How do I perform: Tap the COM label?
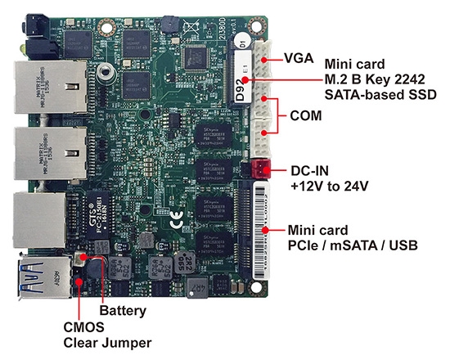pyautogui.click(x=305, y=116)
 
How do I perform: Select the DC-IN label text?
pyautogui.click(x=313, y=172)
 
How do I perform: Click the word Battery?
pyautogui.click(x=122, y=311)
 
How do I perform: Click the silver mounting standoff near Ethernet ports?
pyautogui.click(x=101, y=72)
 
